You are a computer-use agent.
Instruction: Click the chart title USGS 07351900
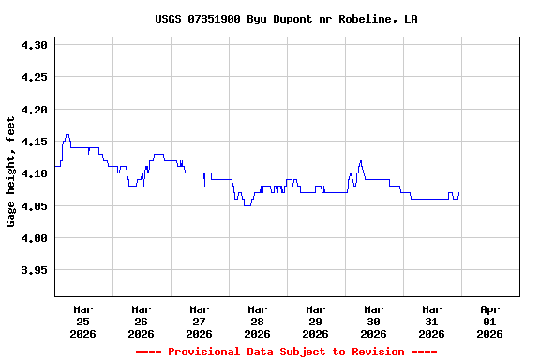click(x=286, y=19)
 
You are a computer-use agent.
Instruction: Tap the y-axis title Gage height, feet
click(x=11, y=172)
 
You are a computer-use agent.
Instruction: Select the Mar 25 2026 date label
click(x=82, y=321)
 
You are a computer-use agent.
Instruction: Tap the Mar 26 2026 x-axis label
click(x=141, y=321)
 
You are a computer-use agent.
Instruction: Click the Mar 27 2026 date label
click(x=199, y=321)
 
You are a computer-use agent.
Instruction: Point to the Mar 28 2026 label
click(x=257, y=321)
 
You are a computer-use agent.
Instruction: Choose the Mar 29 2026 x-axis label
click(x=315, y=321)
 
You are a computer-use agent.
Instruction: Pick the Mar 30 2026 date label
click(x=373, y=321)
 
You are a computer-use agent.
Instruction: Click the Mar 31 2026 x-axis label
click(x=431, y=321)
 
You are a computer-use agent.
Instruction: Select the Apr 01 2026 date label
click(x=489, y=321)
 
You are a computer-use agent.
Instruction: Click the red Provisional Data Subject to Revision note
click(x=286, y=352)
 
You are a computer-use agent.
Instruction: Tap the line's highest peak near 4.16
click(x=67, y=135)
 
